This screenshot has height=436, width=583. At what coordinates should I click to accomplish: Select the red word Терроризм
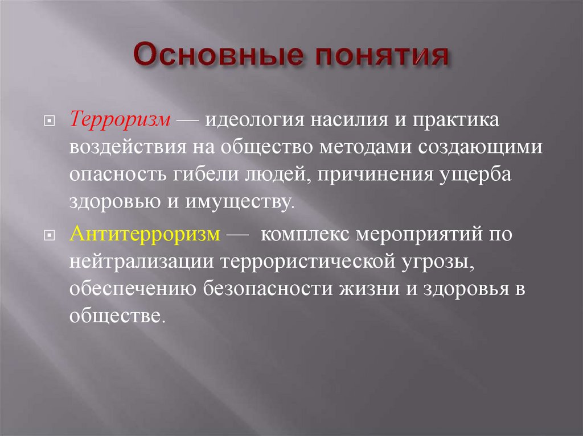point(121,121)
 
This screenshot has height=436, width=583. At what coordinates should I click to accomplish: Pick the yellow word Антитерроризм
point(145,234)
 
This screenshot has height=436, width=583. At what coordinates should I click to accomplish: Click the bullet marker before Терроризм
point(50,122)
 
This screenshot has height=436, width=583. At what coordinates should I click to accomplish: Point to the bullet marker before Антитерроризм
point(50,236)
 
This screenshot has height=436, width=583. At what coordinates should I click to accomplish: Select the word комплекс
point(306,234)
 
